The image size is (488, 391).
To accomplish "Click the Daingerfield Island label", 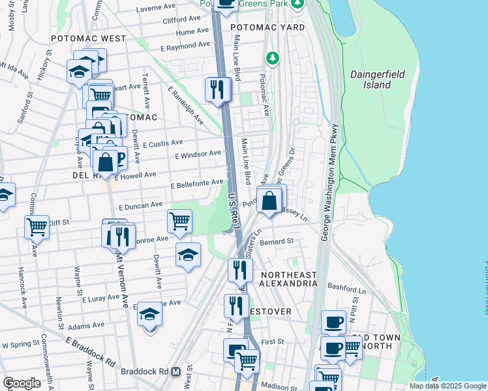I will tap(379, 80).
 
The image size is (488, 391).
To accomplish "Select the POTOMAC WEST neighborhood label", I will tap(88, 38).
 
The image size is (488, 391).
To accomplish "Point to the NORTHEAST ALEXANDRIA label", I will tap(288, 279).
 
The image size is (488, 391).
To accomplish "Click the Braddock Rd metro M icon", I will tap(175, 372).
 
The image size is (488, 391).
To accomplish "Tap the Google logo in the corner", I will tap(22, 383).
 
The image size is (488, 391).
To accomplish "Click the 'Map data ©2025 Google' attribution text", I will tap(447, 386).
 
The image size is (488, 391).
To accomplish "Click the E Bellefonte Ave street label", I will tap(197, 184).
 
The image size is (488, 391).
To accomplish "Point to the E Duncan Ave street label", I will tap(140, 205).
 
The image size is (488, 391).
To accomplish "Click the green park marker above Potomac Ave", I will tap(272, 59).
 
